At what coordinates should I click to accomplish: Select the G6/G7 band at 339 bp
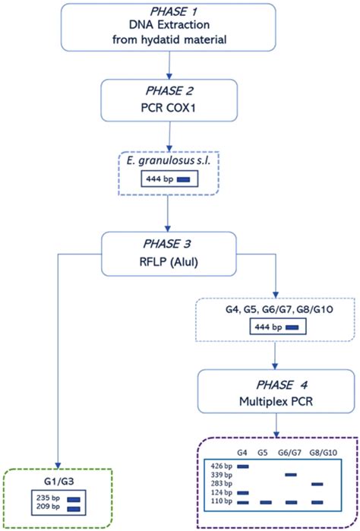292,474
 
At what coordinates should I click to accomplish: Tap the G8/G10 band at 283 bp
318,483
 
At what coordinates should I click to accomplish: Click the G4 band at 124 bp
243,493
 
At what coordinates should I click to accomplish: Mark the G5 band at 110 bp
267,502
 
